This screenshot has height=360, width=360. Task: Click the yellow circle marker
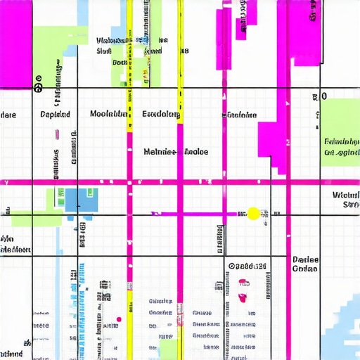pos(253,213)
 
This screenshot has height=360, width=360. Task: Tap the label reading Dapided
pos(55,114)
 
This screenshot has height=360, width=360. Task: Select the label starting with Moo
pos(108,114)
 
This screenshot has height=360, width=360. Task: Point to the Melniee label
pos(160,151)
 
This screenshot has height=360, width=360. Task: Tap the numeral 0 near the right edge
pos(324,96)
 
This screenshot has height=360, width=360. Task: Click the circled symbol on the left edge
pos(38,87)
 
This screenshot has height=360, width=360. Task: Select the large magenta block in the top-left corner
pos(16,42)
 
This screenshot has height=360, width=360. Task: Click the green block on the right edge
pos(341,132)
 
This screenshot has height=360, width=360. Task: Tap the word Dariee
pos(305,259)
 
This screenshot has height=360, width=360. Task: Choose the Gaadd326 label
pos(247,266)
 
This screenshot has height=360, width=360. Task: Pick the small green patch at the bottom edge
pos(169,349)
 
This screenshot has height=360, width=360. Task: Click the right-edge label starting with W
pos(346,195)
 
